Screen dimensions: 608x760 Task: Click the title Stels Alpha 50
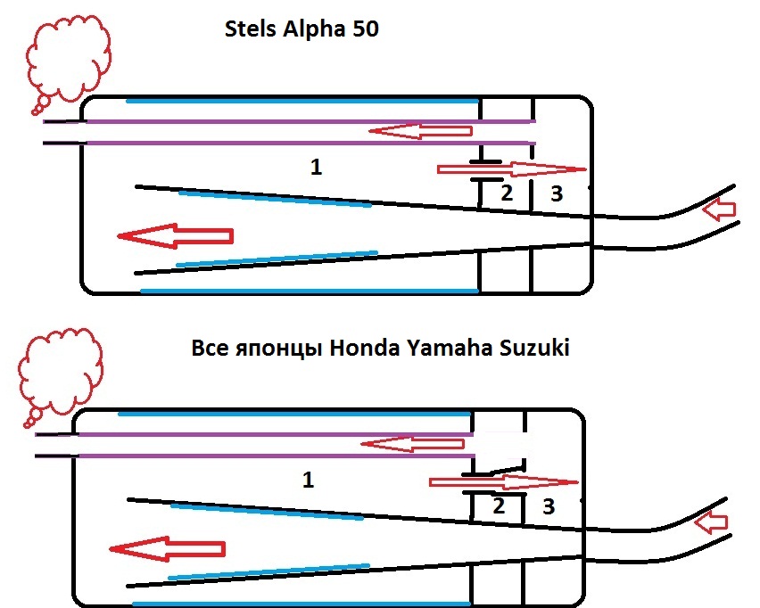pyautogui.click(x=301, y=29)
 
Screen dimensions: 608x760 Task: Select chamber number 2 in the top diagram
pyautogui.click(x=507, y=193)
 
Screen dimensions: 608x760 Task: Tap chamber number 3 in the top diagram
pyautogui.click(x=557, y=193)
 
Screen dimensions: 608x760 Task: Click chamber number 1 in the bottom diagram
pyautogui.click(x=308, y=480)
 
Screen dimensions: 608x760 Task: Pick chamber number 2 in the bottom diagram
pyautogui.click(x=499, y=505)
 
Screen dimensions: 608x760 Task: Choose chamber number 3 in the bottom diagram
pyautogui.click(x=549, y=507)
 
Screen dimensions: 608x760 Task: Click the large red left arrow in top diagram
pyautogui.click(x=175, y=236)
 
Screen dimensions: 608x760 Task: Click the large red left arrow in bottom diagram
pyautogui.click(x=167, y=548)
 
